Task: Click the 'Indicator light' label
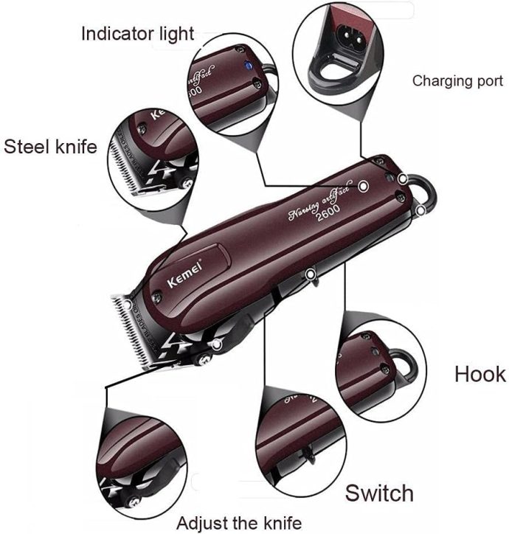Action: click(137, 33)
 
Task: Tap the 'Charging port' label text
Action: click(457, 80)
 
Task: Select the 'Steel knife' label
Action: click(50, 146)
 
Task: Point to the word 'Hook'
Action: click(479, 373)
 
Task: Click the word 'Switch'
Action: click(379, 492)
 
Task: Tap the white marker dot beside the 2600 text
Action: click(363, 187)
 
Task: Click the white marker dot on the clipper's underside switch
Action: click(311, 276)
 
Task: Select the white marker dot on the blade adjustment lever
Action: click(216, 344)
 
